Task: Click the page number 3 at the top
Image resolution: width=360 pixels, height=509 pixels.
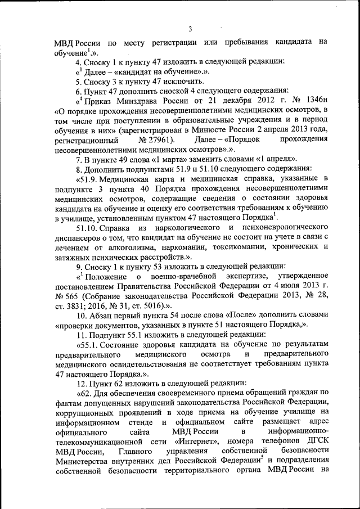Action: [x=190, y=29]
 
